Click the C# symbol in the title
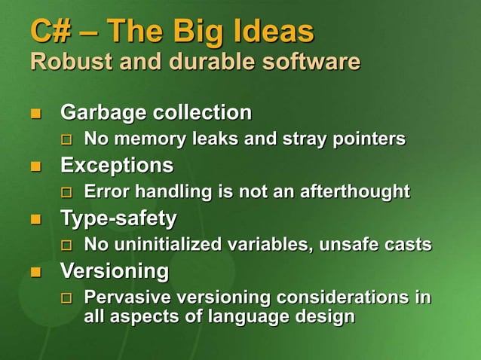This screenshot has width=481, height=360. (47, 32)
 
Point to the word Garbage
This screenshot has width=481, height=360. (103, 114)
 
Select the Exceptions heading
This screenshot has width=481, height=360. (117, 165)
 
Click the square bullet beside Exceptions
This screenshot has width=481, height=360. (34, 166)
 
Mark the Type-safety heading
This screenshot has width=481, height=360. (119, 218)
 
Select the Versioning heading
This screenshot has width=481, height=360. (115, 270)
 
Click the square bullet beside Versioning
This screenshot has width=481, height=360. (34, 271)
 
